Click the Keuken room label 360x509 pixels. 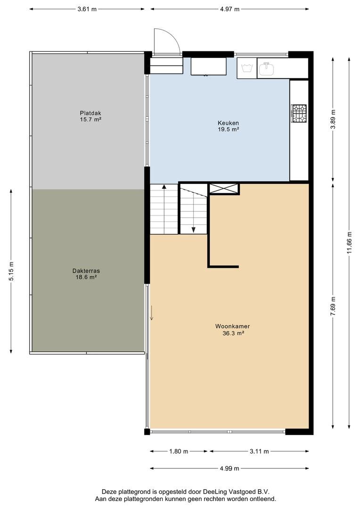pos(228,123)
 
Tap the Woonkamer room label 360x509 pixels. pos(232,327)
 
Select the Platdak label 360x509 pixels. pos(90,113)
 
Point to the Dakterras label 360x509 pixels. pos(86,271)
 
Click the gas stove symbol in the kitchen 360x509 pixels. pos(299,113)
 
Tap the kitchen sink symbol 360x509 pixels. pos(267,68)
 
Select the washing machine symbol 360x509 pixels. pos(247,68)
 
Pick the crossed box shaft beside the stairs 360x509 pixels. pos(224,189)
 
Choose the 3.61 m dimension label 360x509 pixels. pos(87,9)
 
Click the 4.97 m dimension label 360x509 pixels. pos(229,9)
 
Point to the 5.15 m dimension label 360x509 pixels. pos(11,271)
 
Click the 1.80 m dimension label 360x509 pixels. pos(179,451)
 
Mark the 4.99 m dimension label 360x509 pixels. pos(229,468)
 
